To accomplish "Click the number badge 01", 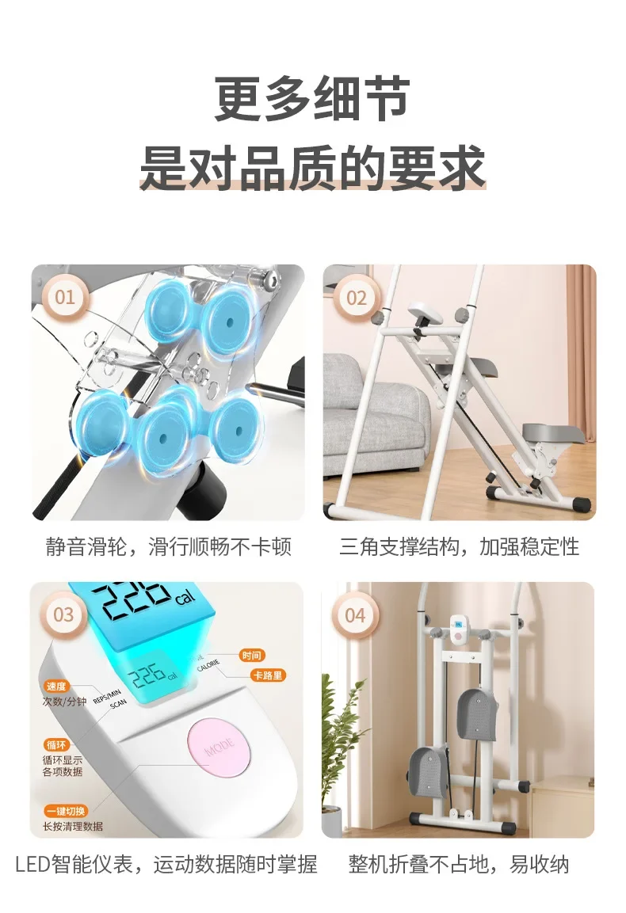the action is pyautogui.click(x=65, y=298).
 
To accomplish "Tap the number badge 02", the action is pyautogui.click(x=356, y=298).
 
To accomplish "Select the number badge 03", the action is pyautogui.click(x=63, y=615).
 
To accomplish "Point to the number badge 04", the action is pyautogui.click(x=355, y=615).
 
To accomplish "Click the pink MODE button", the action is pyautogui.click(x=218, y=747).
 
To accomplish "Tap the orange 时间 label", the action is pyautogui.click(x=251, y=656).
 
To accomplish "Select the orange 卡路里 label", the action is pyautogui.click(x=268, y=675).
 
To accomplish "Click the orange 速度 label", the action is pyautogui.click(x=56, y=687).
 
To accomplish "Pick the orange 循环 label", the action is pyautogui.click(x=56, y=744).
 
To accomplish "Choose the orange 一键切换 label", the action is pyautogui.click(x=66, y=811).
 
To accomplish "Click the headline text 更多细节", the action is pyautogui.click(x=312, y=99).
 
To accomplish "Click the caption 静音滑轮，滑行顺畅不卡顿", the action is pyautogui.click(x=169, y=547).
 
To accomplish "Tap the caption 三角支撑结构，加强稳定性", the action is pyautogui.click(x=460, y=547).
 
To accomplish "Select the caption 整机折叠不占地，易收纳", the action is pyautogui.click(x=459, y=865).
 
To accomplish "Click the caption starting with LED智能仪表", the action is pyautogui.click(x=166, y=865).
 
